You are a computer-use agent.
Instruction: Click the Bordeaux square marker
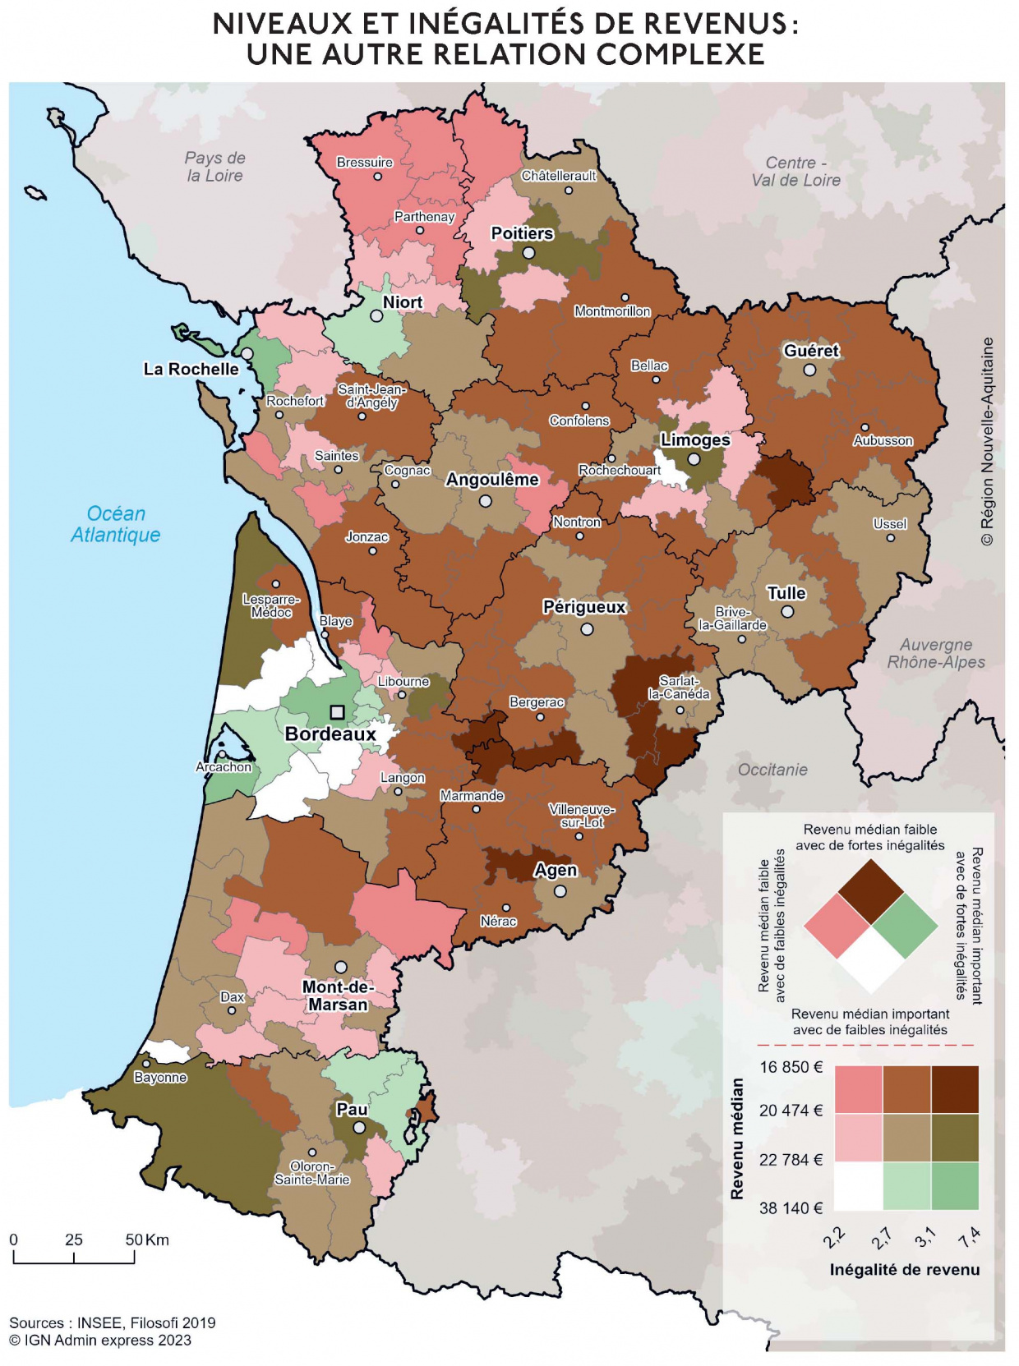coord(337,712)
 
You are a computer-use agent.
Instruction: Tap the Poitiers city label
coord(522,233)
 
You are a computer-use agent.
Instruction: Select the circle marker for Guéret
coord(809,370)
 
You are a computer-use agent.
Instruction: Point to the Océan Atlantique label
coord(116,524)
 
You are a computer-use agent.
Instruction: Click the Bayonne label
coord(160,1078)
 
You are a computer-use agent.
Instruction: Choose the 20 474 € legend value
coord(790,1111)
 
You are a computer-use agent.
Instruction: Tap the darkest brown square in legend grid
coord(955,1089)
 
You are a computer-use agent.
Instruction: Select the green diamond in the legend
coord(905,926)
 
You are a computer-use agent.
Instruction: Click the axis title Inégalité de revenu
coord(904,1270)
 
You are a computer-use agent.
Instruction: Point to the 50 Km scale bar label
coord(147,1240)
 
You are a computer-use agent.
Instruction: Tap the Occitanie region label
coord(772,770)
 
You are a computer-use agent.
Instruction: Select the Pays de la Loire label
coord(214,167)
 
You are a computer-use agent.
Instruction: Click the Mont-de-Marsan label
coord(338,996)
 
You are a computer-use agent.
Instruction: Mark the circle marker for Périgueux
coord(587,629)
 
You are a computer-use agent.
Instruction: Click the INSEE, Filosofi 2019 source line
coord(113,1322)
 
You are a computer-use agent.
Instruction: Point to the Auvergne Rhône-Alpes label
coord(935,653)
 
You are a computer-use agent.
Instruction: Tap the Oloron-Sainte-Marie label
coord(312,1173)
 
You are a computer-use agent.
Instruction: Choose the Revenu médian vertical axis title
coord(737,1138)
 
